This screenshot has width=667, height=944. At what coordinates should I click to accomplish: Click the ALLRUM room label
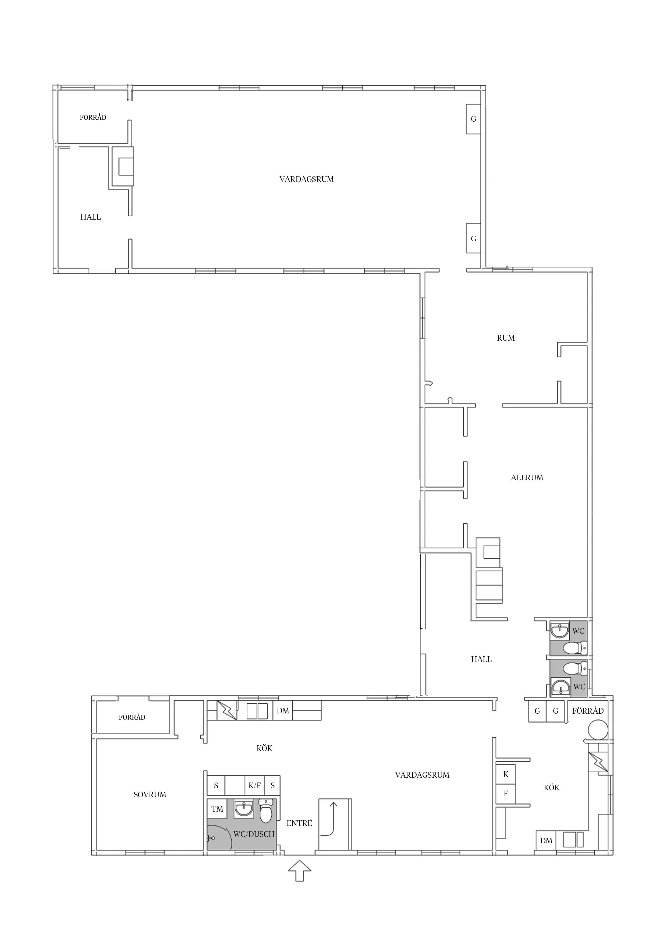coord(527,478)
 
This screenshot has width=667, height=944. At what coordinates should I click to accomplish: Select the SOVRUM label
coord(150,795)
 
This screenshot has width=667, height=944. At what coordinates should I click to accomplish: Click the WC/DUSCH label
coord(254,834)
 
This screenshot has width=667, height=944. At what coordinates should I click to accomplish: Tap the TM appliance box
coord(217,809)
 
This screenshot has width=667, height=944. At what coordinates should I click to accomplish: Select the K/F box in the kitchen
coord(255,786)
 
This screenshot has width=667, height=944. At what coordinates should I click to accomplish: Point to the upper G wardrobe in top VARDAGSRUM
coord(473,119)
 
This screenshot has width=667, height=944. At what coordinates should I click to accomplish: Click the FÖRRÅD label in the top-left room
coord(93,118)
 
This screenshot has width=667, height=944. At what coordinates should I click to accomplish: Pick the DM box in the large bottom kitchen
coord(283,711)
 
